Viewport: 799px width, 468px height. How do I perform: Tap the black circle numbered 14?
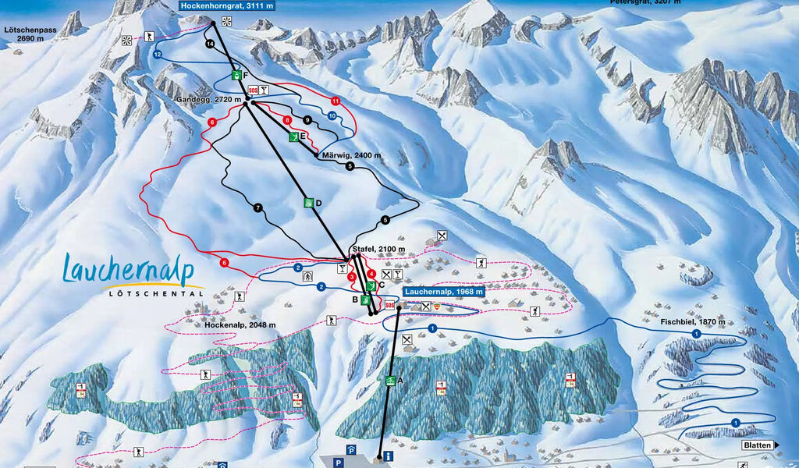(x=209, y=44)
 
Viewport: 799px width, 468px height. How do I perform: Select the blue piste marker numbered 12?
(x=158, y=55)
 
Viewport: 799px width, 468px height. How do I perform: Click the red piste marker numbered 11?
(x=336, y=101)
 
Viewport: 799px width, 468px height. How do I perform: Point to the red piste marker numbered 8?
(x=288, y=120)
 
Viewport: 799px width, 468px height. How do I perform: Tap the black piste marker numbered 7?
(x=257, y=207)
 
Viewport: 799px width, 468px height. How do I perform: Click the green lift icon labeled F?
(x=236, y=75)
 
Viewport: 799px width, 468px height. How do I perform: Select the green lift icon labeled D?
(x=309, y=203)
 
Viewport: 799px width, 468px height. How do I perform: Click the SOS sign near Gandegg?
(x=252, y=90)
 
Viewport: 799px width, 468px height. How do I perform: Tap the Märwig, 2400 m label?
(x=352, y=155)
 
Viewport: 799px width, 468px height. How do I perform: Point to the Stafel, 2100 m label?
(x=378, y=249)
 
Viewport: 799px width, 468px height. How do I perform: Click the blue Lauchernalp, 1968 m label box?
(x=443, y=292)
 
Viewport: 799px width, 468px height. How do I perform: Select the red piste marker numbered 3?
(x=352, y=277)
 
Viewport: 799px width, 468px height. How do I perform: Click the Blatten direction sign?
(x=756, y=445)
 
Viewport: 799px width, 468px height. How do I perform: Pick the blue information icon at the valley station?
(x=388, y=456)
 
